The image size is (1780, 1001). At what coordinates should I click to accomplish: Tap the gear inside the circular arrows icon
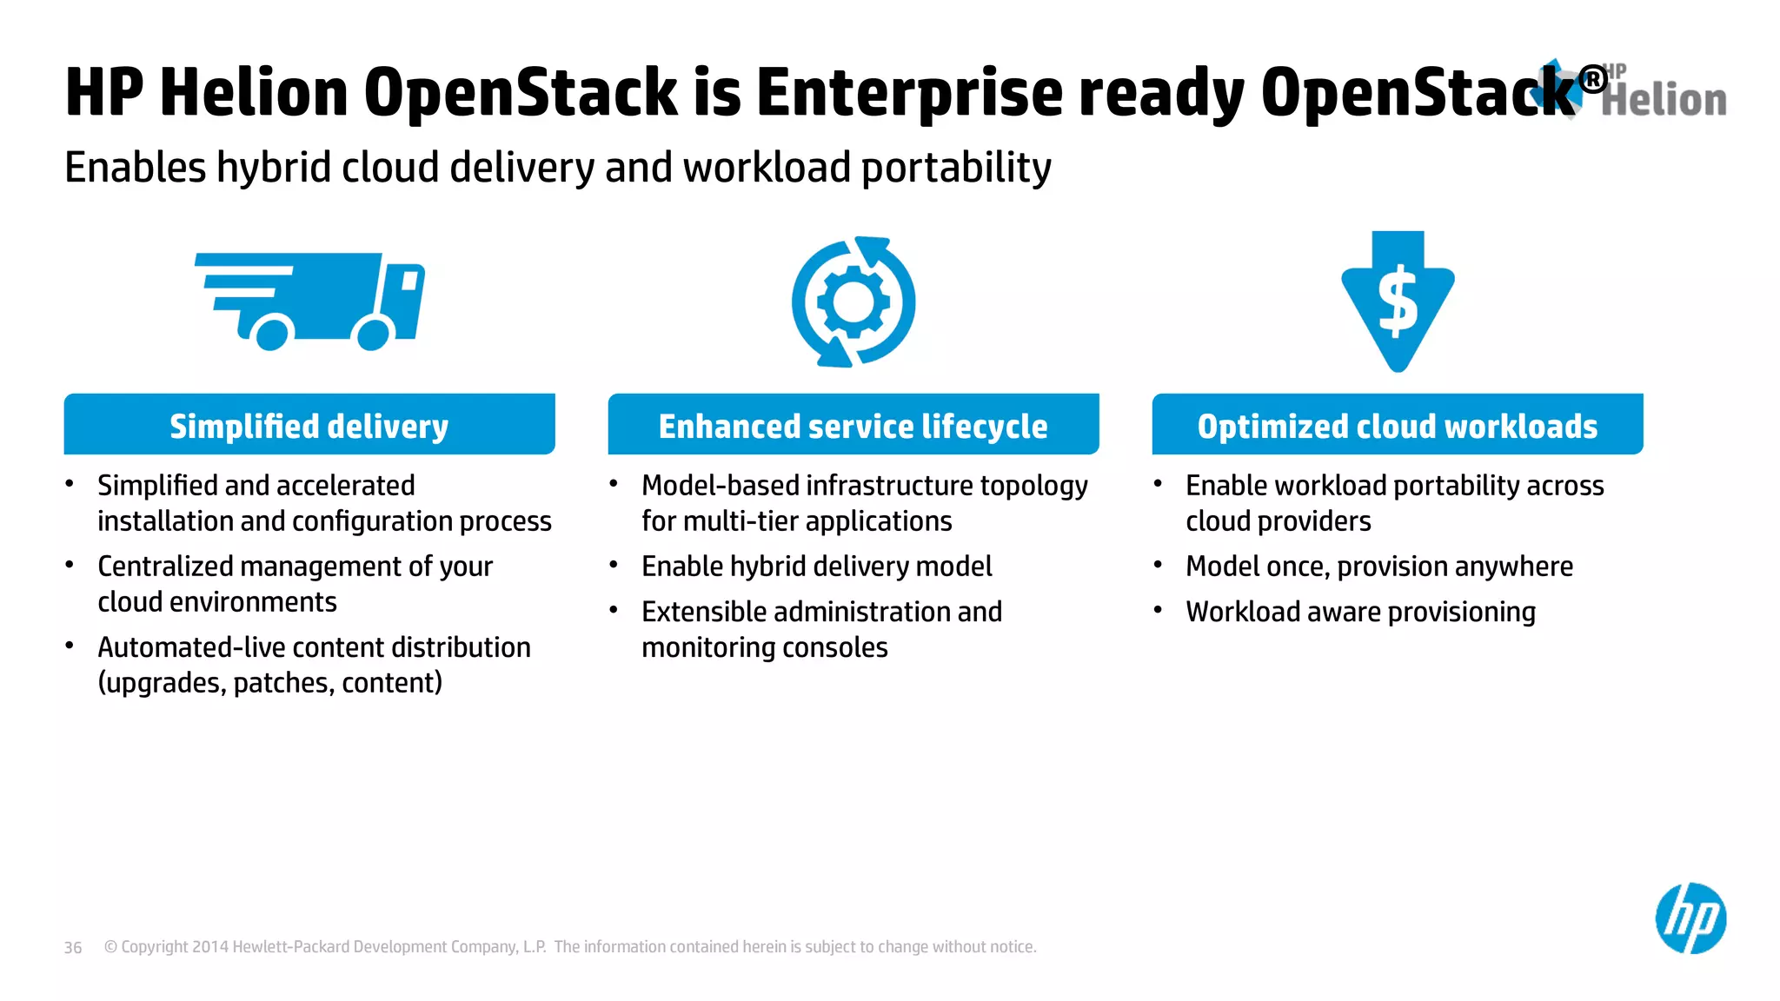[853, 302]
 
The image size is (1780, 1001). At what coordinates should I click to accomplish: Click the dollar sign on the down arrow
[1398, 302]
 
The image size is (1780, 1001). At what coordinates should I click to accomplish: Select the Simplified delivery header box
[309, 425]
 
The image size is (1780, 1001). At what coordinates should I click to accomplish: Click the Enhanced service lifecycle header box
[853, 425]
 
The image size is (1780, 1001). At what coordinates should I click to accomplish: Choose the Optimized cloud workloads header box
[1397, 425]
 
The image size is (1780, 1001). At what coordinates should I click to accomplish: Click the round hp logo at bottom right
[1690, 918]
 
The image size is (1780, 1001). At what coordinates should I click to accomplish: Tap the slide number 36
[73, 947]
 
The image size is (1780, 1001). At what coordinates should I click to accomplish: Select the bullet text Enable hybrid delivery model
[816, 567]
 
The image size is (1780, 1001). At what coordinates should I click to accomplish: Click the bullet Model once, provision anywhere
[1378, 567]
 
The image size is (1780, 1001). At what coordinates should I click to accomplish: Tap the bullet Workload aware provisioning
[1360, 612]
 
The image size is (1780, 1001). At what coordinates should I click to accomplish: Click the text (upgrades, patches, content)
[269, 683]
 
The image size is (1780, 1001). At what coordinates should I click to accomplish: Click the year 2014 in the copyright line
[209, 947]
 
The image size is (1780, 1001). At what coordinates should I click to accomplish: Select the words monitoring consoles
[764, 647]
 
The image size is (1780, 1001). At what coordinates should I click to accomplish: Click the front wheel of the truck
[374, 334]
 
